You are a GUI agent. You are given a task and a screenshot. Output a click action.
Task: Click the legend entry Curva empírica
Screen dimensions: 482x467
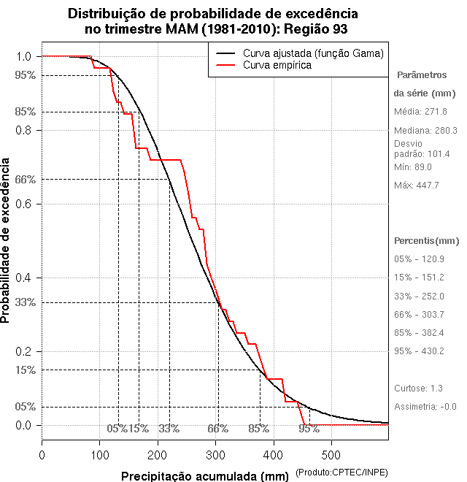coord(277,65)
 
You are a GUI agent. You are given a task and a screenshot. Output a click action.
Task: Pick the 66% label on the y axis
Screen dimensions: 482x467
coord(25,179)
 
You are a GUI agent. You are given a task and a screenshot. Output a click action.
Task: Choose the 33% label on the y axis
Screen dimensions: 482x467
coord(25,302)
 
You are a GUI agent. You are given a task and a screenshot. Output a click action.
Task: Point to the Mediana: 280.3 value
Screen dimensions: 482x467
coord(425,130)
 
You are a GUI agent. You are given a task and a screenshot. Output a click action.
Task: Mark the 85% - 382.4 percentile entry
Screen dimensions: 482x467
coord(420,332)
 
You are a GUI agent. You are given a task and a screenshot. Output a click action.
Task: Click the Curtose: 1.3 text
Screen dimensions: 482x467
coord(418,388)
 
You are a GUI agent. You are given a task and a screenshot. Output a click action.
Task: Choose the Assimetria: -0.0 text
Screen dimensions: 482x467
coord(425,407)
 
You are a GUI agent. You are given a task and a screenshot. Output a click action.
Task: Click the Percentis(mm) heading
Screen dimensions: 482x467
coord(427,240)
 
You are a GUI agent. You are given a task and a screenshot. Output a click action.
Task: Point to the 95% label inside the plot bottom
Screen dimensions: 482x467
coord(309,429)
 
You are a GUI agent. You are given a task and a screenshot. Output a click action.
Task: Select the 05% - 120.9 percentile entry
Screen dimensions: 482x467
coord(420,259)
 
